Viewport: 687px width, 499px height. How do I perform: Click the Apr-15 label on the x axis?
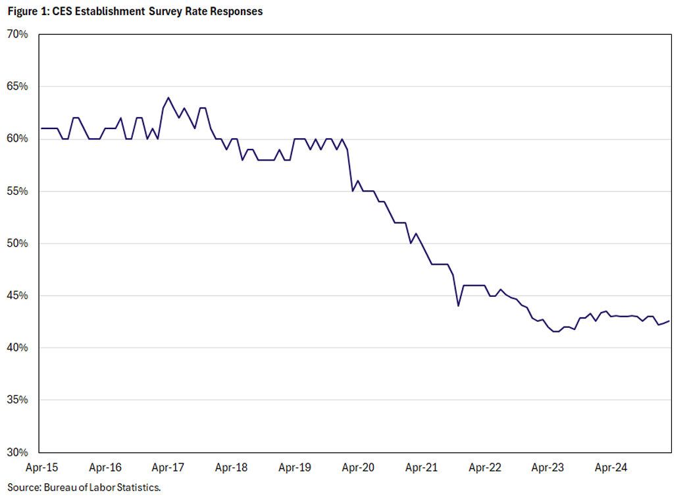coord(41,468)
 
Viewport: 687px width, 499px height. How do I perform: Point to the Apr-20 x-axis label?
coord(358,468)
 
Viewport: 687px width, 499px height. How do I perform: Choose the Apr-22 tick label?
coord(484,468)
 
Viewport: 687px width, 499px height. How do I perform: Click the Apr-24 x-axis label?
coord(611,468)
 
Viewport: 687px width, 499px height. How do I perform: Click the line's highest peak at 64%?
coord(168,97)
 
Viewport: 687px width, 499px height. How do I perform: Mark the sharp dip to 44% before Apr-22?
coord(458,306)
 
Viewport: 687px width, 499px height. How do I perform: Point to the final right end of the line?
coord(670,321)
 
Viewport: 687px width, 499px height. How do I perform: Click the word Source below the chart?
coord(22,488)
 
